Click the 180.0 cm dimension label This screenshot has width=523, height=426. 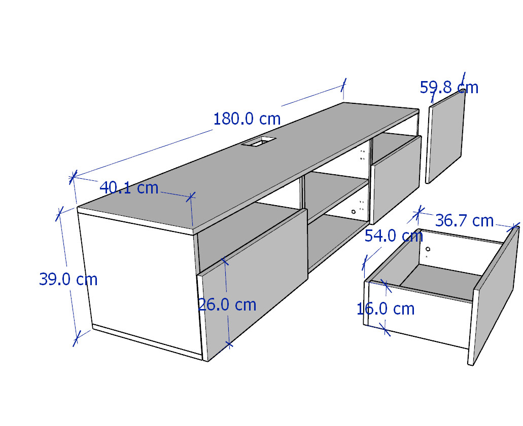[x=247, y=119]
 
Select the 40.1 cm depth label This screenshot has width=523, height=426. [x=129, y=188]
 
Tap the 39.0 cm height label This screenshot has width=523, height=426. [x=68, y=279]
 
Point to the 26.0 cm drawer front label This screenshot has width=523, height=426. [x=227, y=305]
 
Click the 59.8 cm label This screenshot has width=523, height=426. [x=449, y=88]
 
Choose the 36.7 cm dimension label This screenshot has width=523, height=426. [x=464, y=220]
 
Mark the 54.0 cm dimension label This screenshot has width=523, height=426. [x=394, y=236]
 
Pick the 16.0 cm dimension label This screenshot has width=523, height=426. [x=386, y=309]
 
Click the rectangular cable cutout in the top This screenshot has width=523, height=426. [x=259, y=141]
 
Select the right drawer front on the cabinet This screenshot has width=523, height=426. [x=396, y=180]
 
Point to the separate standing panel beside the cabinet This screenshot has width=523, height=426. [x=445, y=137]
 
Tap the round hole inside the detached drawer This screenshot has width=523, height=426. [x=428, y=249]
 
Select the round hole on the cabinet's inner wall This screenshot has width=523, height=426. [x=353, y=212]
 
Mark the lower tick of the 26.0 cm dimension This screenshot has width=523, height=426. [x=229, y=344]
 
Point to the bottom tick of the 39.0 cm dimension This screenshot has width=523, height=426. [x=76, y=339]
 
